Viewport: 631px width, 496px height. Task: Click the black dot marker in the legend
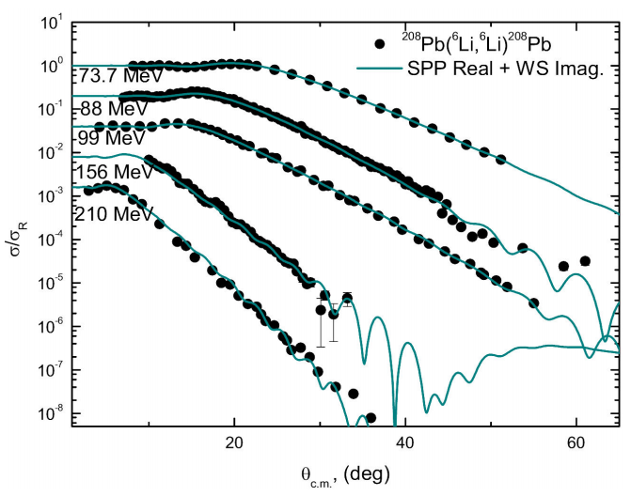coord(379,43)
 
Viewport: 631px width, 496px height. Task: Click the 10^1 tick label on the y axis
coord(47,22)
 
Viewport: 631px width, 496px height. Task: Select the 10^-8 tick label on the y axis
coord(47,413)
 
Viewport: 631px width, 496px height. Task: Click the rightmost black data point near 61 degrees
coord(584,261)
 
